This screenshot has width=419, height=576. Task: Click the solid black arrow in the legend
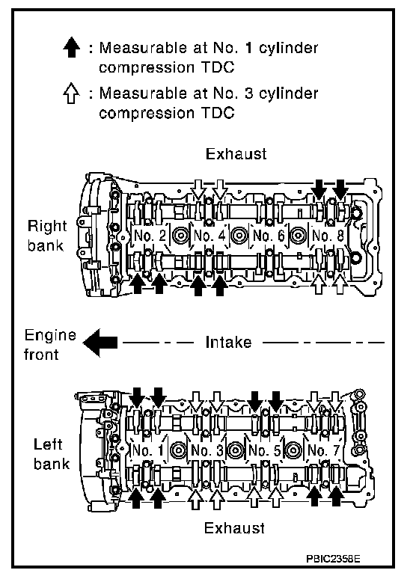click(71, 48)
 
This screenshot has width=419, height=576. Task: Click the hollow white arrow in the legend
click(71, 93)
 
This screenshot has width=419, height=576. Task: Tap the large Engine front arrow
click(100, 343)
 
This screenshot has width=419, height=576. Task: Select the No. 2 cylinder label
click(150, 236)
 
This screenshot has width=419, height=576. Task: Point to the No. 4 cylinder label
click(209, 236)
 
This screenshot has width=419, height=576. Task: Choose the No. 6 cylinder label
click(269, 236)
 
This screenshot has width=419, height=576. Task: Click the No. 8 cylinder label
click(328, 236)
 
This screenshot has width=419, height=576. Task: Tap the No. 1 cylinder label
click(147, 450)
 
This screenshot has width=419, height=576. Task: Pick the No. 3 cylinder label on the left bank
click(207, 450)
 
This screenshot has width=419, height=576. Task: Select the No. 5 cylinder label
click(265, 450)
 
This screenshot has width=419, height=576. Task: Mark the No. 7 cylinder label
click(323, 450)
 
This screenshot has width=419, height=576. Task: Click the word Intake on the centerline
click(228, 343)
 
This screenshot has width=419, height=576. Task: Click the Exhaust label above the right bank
click(236, 154)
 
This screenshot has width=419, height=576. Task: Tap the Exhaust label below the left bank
click(234, 528)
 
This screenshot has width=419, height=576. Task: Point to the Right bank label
click(47, 236)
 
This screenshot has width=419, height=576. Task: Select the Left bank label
click(52, 453)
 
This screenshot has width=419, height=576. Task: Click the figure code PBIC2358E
click(333, 559)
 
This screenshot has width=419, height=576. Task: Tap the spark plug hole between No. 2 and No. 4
click(180, 236)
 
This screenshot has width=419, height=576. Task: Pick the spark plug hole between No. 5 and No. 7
click(294, 450)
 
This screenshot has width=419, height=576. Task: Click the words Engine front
click(50, 345)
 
